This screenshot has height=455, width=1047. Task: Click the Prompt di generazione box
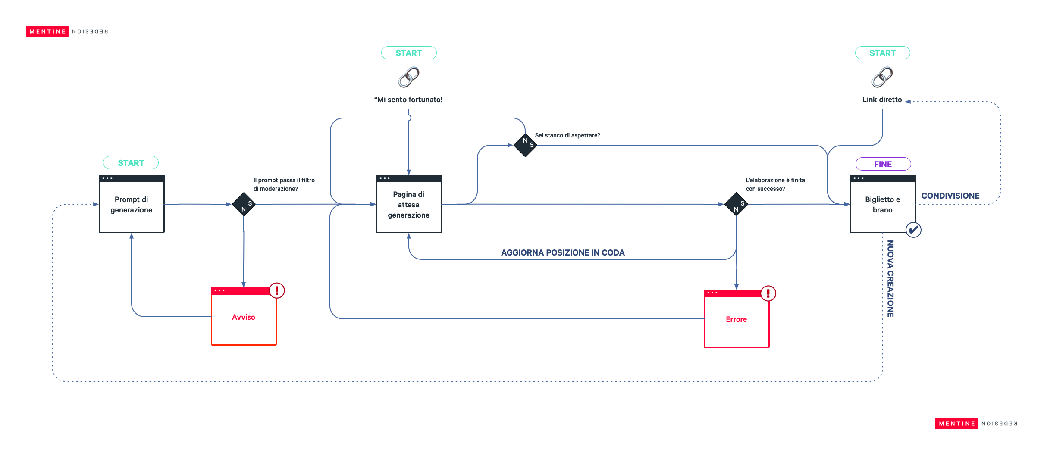[x=132, y=204]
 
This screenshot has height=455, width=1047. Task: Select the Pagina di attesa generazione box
[x=409, y=204]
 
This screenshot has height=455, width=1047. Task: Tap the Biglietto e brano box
[x=882, y=204]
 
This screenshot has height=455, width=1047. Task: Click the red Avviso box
[x=244, y=317]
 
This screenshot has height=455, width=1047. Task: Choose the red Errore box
[x=736, y=319]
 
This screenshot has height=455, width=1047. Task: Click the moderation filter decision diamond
[x=244, y=204]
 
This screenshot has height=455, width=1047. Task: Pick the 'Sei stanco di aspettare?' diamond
[x=525, y=145]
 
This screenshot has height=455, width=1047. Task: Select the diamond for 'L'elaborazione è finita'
[x=736, y=204]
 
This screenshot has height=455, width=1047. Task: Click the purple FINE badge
[x=883, y=164]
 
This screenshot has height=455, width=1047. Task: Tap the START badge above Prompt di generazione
[x=131, y=163]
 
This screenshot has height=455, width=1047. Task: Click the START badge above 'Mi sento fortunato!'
[x=409, y=53]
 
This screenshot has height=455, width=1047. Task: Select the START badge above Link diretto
[x=882, y=53]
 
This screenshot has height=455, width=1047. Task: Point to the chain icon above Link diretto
[x=882, y=77]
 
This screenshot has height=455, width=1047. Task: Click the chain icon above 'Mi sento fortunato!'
[x=409, y=77]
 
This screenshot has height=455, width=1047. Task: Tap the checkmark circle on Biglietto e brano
[x=913, y=230]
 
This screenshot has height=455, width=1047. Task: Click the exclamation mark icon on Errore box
[x=768, y=293]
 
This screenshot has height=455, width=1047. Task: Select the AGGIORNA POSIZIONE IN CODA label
[x=563, y=252]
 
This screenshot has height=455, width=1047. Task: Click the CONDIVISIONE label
[x=950, y=196]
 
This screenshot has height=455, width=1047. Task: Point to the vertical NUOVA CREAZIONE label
[x=890, y=279]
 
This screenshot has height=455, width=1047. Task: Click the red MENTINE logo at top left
[x=47, y=31]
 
